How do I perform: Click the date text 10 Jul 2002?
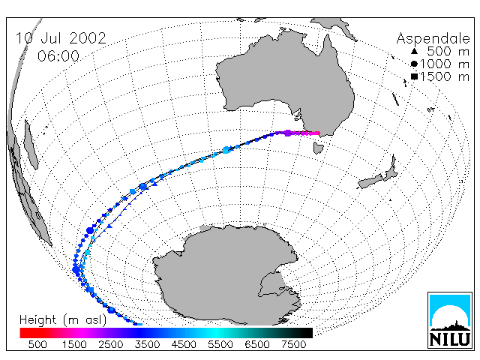click(61, 38)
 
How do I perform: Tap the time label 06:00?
click(58, 56)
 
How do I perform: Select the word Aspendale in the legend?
click(433, 39)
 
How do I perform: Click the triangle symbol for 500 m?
click(414, 51)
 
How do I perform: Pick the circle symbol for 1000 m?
click(414, 64)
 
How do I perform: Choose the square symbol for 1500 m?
click(414, 76)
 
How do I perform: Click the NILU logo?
click(450, 320)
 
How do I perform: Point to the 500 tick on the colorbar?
click(37, 345)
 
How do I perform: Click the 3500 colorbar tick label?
click(147, 345)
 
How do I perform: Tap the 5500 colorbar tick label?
click(220, 345)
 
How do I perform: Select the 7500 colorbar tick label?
click(293, 345)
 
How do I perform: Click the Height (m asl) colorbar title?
click(63, 320)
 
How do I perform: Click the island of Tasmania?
click(318, 148)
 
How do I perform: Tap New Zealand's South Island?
click(370, 181)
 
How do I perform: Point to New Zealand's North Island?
click(391, 169)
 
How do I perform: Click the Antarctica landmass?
click(226, 275)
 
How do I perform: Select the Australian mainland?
click(285, 82)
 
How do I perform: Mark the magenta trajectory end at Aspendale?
click(318, 133)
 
